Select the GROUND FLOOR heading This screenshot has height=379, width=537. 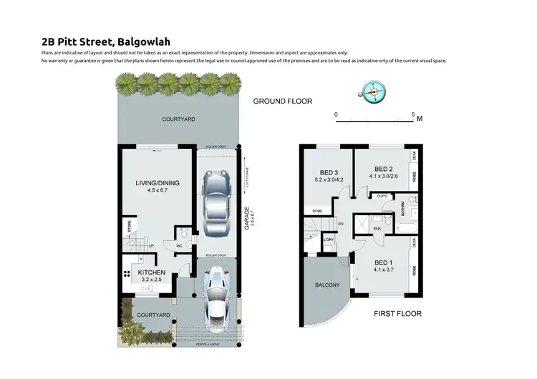pyautogui.click(x=283, y=102)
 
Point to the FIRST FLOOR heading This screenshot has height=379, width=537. pyautogui.click(x=397, y=313)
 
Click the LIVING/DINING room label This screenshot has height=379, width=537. pyautogui.click(x=158, y=183)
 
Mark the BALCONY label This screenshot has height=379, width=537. pyautogui.click(x=327, y=286)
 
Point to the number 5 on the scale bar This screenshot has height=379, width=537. pyautogui.click(x=413, y=114)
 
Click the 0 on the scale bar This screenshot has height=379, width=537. pyautogui.click(x=336, y=114)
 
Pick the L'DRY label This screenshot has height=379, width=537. pyautogui.click(x=329, y=240)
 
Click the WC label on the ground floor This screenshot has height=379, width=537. pyautogui.click(x=180, y=247)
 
